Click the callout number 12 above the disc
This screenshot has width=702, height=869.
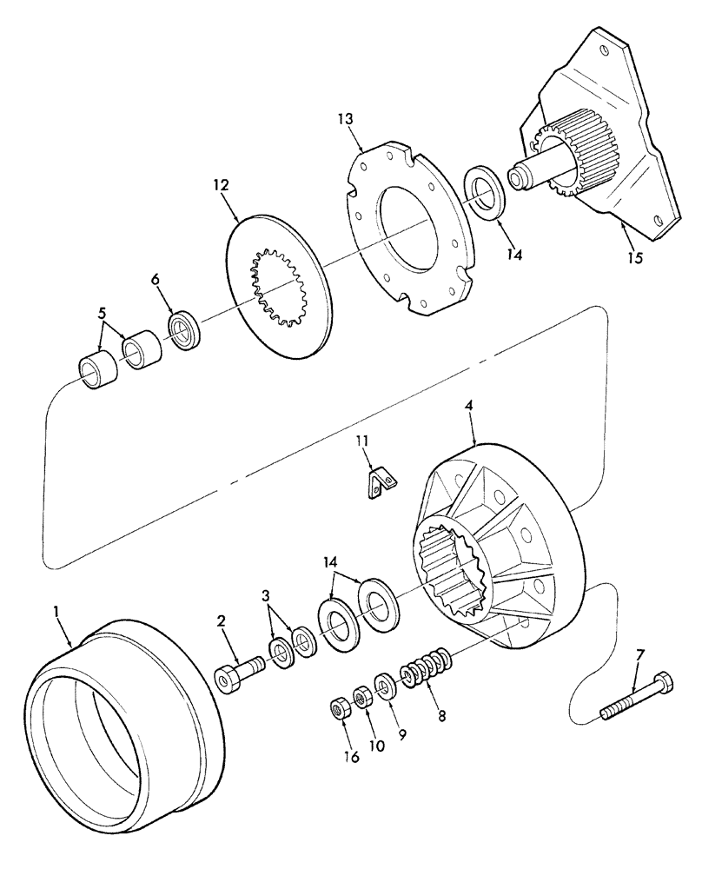tap(219, 184)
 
